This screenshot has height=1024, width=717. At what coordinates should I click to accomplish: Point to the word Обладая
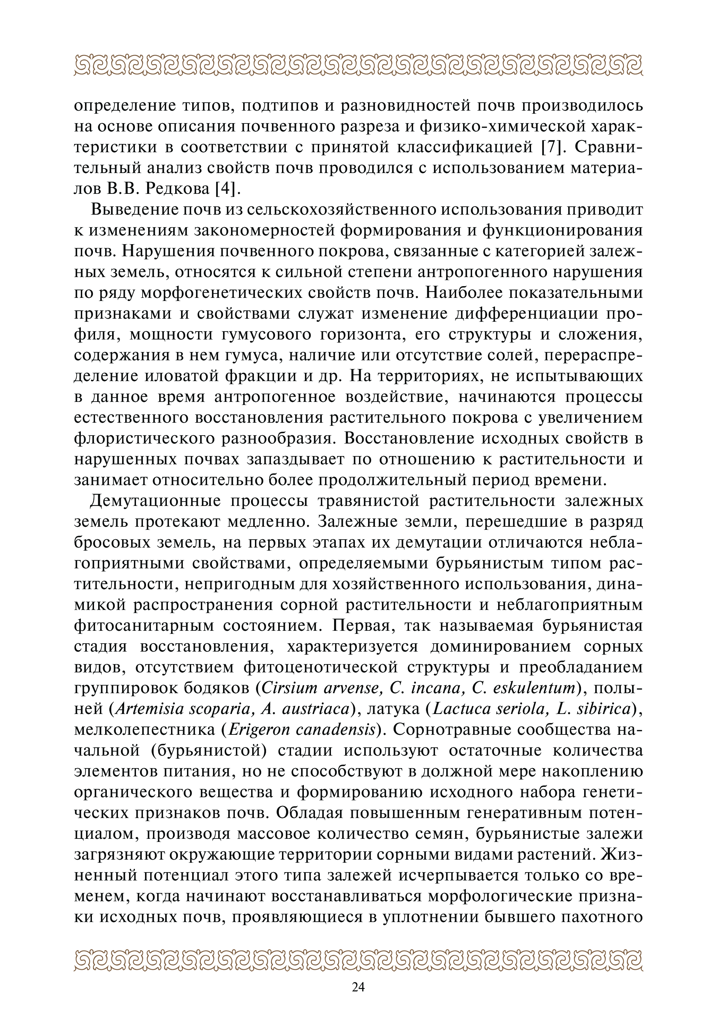tap(305, 813)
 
